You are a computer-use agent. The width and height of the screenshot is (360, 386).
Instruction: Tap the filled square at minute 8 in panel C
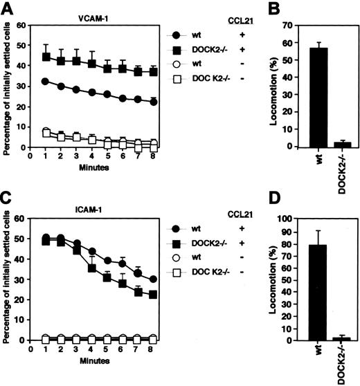pos(153,294)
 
